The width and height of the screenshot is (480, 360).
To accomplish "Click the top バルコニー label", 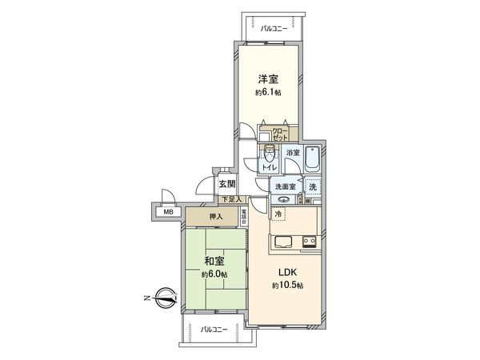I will (x=274, y=28).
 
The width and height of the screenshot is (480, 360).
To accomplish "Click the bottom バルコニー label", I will (x=214, y=329).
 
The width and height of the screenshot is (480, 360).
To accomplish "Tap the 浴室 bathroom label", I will (x=293, y=152).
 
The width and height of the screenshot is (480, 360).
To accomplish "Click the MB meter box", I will (x=168, y=212).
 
